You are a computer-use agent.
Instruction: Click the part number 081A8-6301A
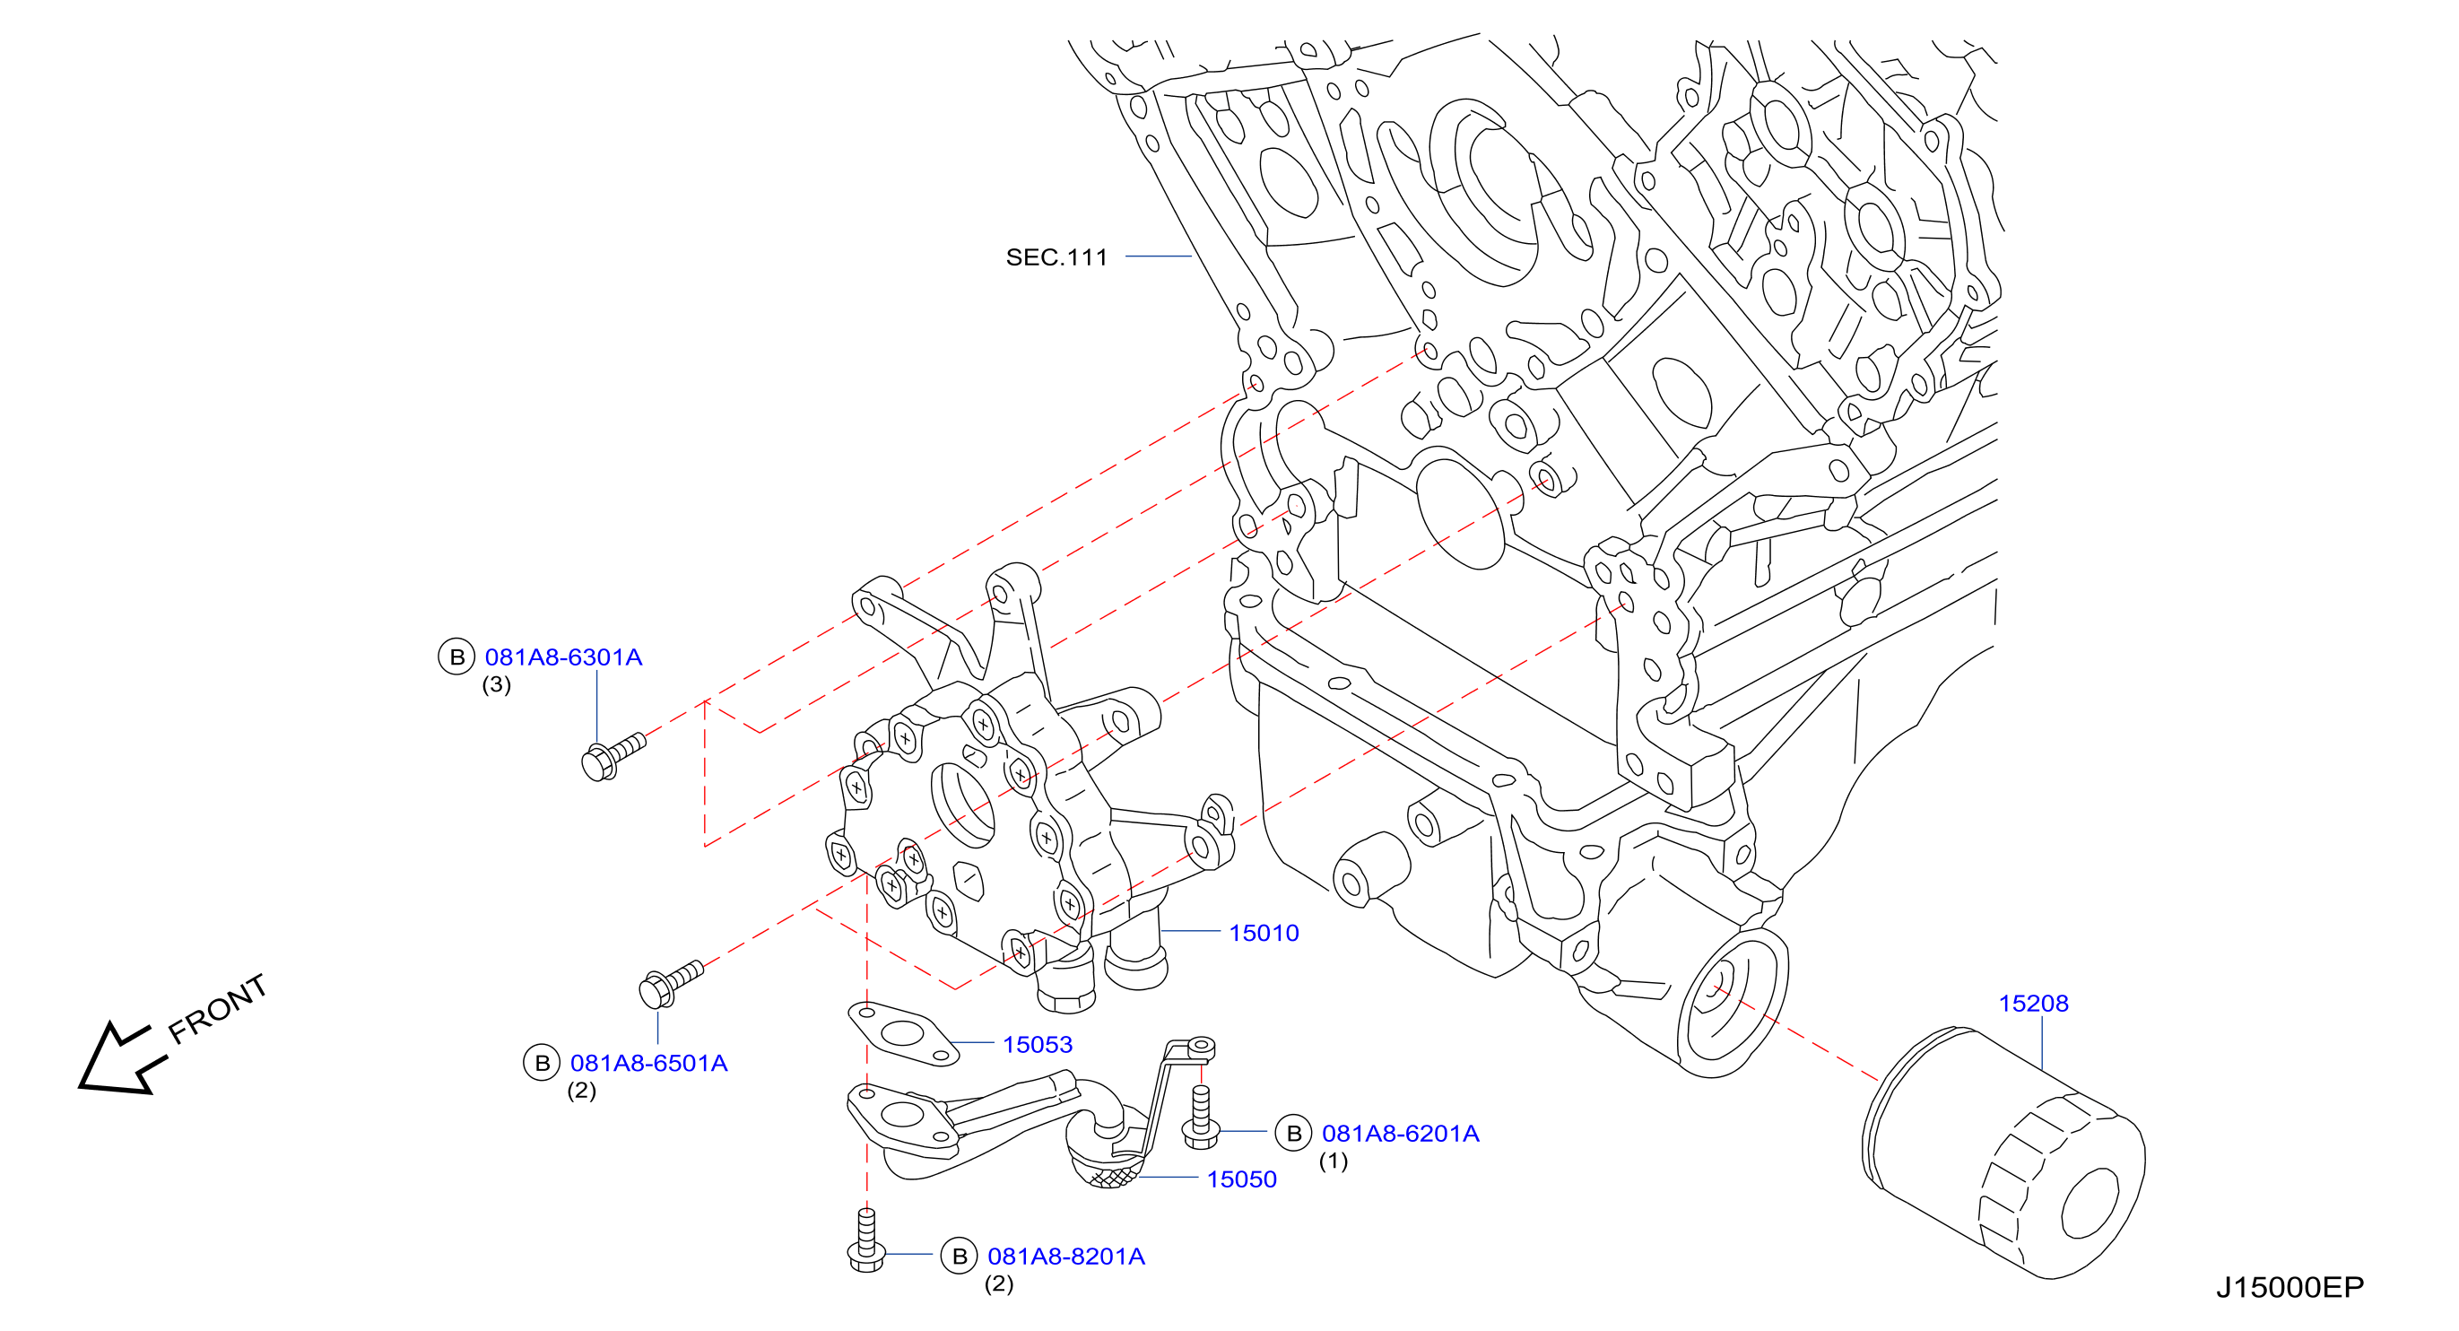tap(563, 657)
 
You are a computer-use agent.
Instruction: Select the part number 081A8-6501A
tap(648, 1063)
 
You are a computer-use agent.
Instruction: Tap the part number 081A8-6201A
tap(1401, 1134)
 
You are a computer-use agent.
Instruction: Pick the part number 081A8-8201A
tap(1065, 1257)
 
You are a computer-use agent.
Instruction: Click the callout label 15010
tap(1264, 933)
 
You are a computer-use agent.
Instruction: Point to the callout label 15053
tap(1038, 1045)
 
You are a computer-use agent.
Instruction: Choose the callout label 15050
tap(1242, 1179)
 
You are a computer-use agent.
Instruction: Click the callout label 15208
tap(2033, 1004)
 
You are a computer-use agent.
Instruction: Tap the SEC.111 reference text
tap(1056, 257)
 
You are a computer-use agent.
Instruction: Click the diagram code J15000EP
tap(2290, 1287)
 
